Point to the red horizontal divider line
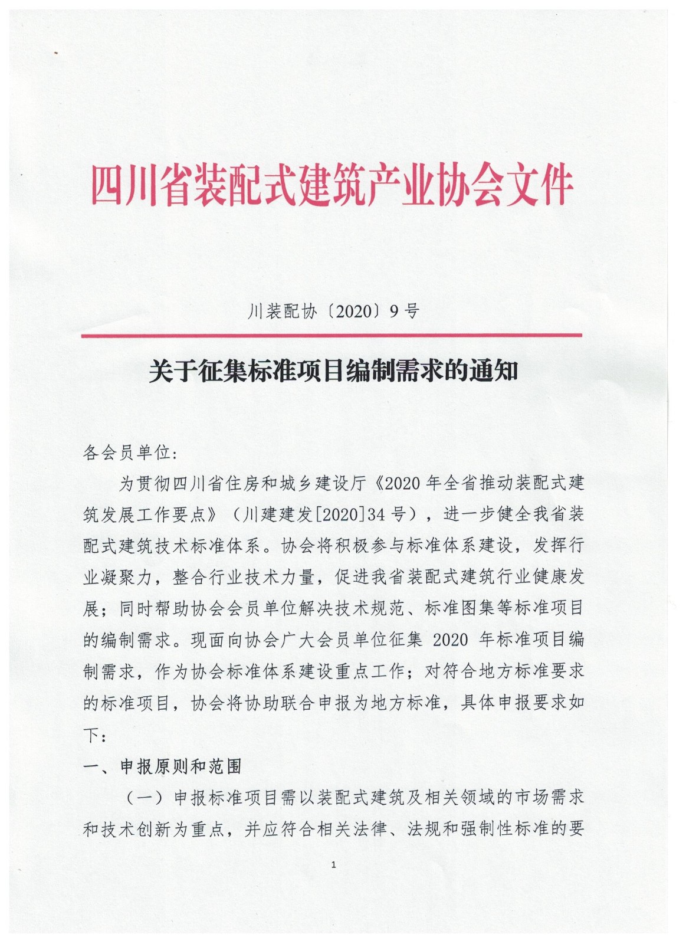[331, 335]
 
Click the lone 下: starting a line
[94, 735]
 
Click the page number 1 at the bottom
[334, 865]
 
